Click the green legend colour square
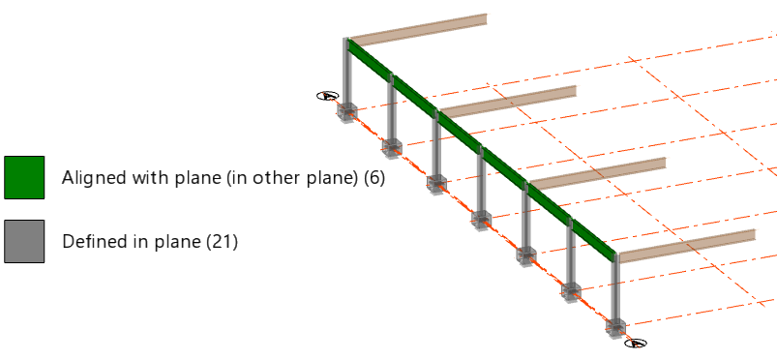pos(24,177)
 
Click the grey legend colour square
pos(24,242)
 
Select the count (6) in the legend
pos(374,177)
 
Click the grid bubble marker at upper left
pos(328,96)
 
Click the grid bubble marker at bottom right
pos(636,343)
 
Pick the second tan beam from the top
pos(508,102)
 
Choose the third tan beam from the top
pos(598,173)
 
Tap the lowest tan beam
pos(687,246)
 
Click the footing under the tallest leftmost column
pos(346,112)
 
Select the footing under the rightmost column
pos(615,328)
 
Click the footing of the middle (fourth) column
pos(481,221)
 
